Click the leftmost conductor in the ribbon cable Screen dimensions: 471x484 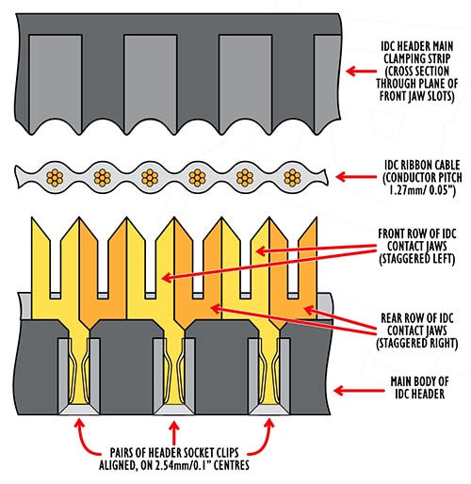[55, 178]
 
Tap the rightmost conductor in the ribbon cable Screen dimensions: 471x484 [292, 178]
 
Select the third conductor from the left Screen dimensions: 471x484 [150, 178]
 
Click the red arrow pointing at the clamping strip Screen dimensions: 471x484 [361, 71]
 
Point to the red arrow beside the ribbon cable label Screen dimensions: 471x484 [356, 177]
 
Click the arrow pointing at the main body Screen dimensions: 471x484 [359, 391]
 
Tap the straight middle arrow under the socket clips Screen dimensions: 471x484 [174, 433]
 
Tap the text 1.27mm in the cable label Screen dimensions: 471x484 [403, 190]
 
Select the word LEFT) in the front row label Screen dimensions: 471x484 [443, 259]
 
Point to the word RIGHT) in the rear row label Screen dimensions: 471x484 [441, 343]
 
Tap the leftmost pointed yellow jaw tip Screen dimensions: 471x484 [32, 218]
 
